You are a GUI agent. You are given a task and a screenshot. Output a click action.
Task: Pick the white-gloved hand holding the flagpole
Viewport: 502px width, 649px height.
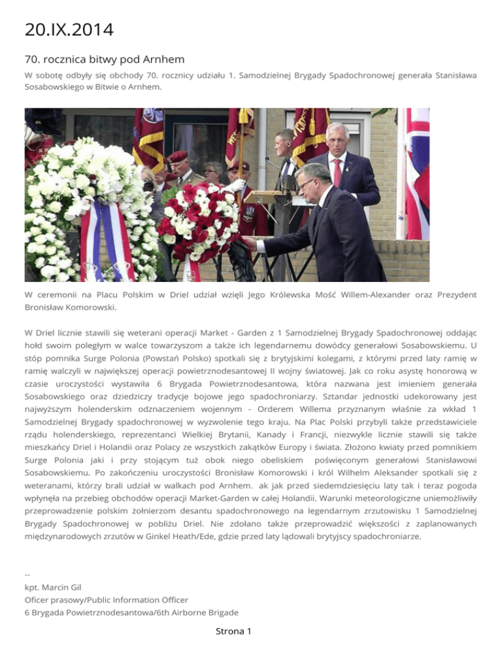[235, 185]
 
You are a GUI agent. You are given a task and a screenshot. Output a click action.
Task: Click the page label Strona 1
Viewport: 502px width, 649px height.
[233, 631]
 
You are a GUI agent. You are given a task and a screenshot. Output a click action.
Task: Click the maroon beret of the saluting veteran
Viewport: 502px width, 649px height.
[177, 157]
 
